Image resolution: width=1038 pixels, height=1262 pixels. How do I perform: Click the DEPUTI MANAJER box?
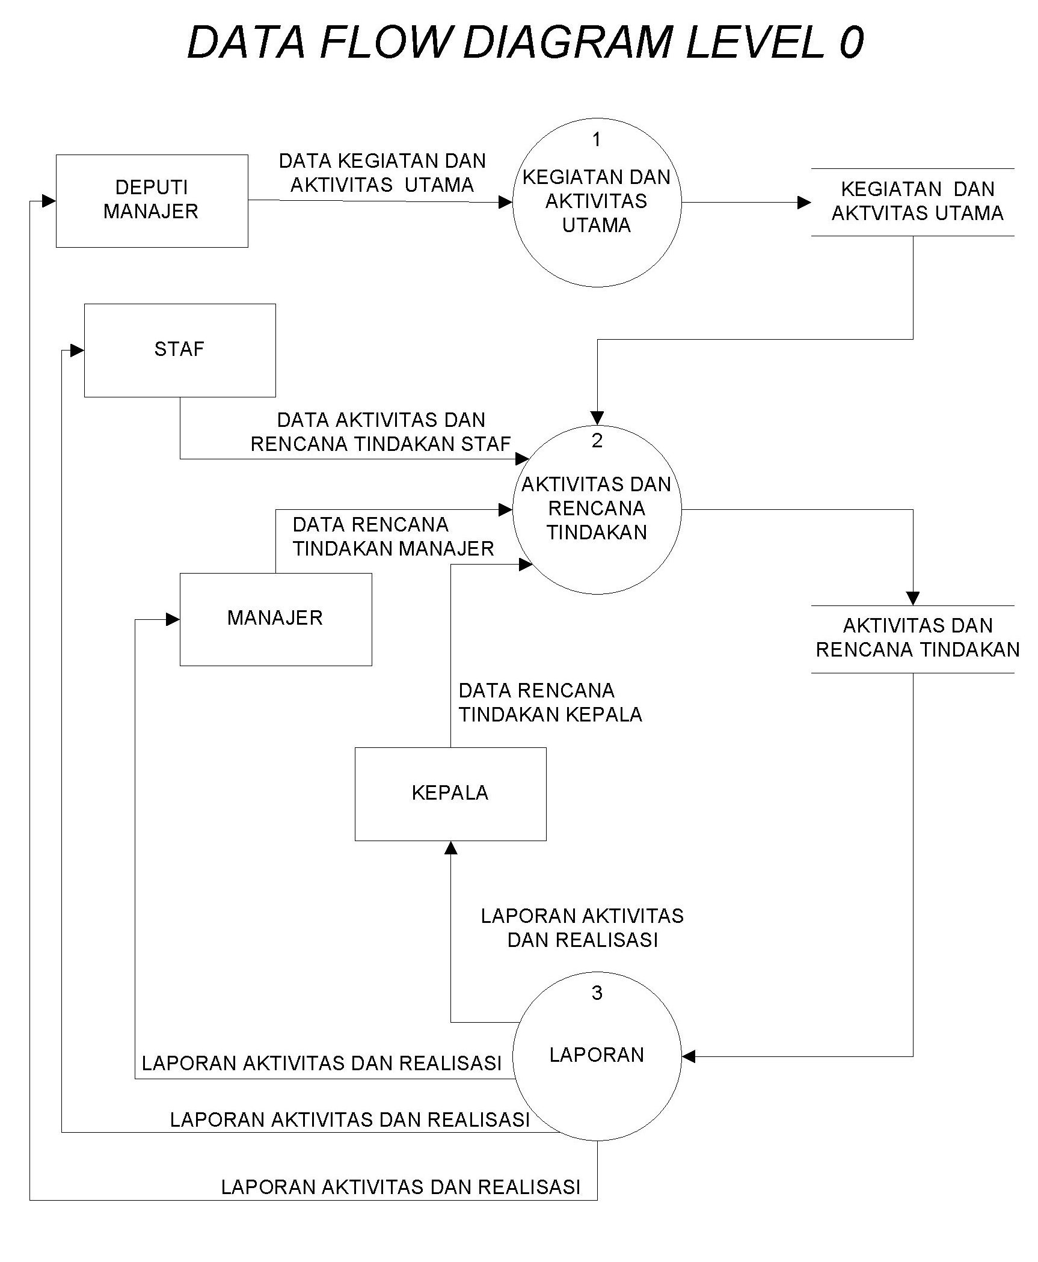pos(152,201)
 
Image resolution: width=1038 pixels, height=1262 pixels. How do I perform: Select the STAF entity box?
pos(179,350)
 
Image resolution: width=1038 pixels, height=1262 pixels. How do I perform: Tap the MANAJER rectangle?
pos(275,619)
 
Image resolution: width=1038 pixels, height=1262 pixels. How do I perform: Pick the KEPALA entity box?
pos(450,793)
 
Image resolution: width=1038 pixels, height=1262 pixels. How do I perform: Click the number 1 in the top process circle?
pos(596,140)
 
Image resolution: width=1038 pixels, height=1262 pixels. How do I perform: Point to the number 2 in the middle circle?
pos(597,441)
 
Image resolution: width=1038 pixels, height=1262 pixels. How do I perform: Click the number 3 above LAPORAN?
pos(597,993)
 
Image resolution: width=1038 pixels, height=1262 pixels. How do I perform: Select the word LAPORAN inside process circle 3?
pos(597,1055)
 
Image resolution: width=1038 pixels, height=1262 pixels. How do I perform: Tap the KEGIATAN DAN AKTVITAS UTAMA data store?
pos(917,201)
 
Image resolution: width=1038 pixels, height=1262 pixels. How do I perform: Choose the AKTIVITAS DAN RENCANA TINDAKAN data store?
pos(917,638)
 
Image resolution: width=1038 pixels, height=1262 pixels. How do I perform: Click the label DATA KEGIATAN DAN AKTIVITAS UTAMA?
pos(382,173)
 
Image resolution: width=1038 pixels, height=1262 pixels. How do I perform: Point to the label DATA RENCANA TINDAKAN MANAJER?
pos(393,537)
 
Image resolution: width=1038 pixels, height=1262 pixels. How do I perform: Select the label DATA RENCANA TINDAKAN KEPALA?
pos(550,702)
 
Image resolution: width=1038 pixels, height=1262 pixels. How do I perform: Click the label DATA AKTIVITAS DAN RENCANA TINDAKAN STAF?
pos(381,432)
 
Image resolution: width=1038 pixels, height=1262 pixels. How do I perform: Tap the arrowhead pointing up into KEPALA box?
pos(450,848)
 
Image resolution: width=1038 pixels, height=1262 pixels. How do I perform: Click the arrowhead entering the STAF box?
pos(77,351)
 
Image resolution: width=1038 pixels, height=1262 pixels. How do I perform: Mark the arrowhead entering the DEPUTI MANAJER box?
pos(49,201)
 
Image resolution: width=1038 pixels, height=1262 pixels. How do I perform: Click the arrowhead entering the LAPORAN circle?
pos(689,1056)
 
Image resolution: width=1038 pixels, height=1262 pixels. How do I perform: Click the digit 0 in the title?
pos(850,42)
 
